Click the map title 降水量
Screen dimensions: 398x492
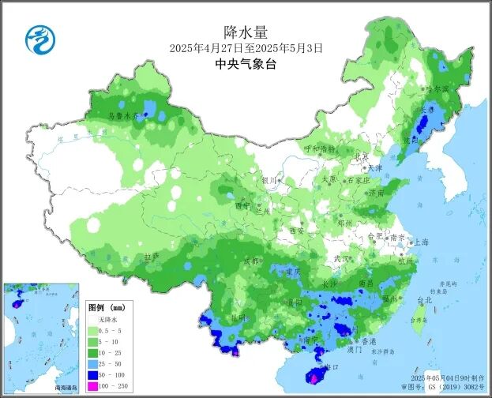point(246,32)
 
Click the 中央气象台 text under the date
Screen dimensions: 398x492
point(246,65)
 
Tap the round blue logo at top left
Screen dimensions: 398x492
point(37,37)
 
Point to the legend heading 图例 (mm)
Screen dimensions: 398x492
point(107,306)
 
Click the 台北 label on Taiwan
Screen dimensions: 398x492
point(424,300)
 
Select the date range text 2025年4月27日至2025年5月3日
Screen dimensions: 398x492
point(246,48)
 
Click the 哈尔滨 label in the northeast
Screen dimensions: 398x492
point(437,88)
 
